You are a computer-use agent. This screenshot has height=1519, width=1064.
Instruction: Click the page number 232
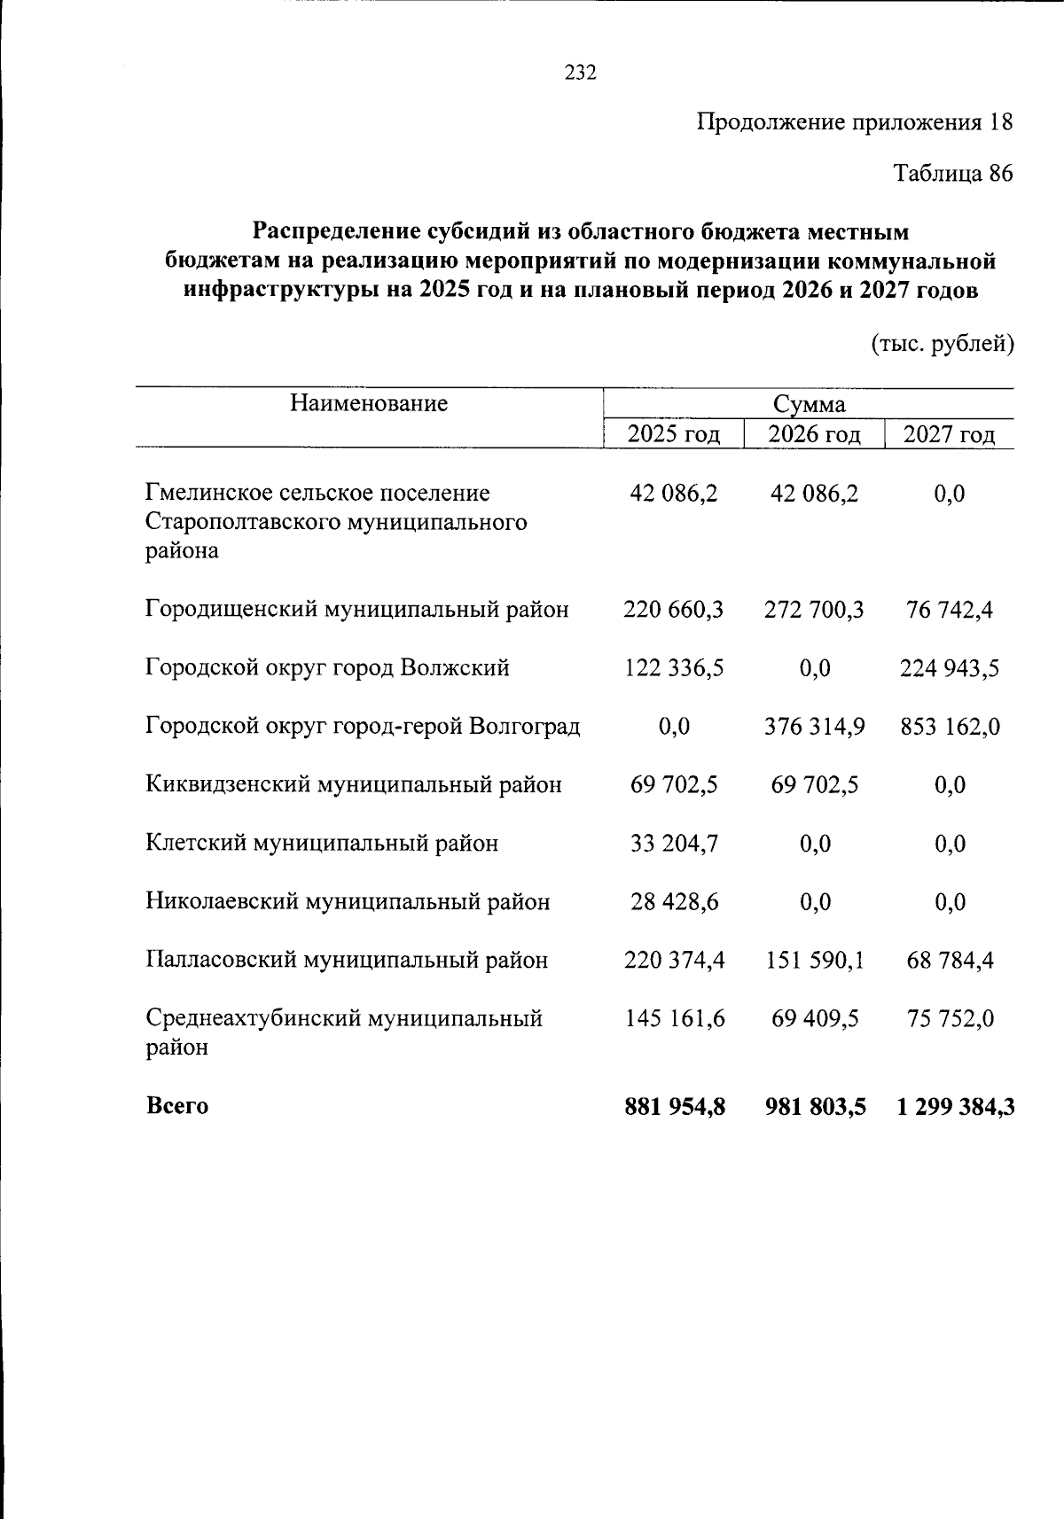coord(581,74)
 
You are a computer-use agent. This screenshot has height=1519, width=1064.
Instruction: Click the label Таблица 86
coord(951,174)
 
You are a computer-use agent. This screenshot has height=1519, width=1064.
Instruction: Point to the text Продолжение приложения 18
coord(854,122)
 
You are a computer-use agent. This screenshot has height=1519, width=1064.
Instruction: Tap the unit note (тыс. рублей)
coord(943,343)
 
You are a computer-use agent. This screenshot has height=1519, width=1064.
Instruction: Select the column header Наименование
coord(368,404)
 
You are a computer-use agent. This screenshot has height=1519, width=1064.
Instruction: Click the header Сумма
coord(809,405)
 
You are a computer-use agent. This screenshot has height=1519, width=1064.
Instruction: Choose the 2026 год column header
coord(814,434)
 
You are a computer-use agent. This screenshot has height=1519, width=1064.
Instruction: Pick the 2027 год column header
coord(949,434)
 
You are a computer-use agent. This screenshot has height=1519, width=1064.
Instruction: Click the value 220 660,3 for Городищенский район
coord(674,610)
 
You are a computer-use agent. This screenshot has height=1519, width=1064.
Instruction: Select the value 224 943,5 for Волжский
coord(950,668)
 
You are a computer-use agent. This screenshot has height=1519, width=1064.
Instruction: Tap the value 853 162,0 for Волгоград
coord(950,727)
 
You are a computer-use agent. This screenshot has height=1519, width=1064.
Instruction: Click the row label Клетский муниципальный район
coord(322,843)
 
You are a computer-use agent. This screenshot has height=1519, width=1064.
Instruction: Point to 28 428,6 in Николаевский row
coord(674,902)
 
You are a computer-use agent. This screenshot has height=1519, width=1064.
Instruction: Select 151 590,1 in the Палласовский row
coord(814,961)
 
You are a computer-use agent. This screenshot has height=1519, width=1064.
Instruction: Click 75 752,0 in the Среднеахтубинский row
coord(950,1019)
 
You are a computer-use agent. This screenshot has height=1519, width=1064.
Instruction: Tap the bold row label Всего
coord(177,1106)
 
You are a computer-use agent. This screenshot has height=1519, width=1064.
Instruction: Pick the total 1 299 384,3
coord(955,1107)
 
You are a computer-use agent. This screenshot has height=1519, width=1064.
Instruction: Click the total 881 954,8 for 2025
coord(675,1107)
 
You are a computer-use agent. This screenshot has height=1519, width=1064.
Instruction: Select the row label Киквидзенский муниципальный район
coord(353,785)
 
